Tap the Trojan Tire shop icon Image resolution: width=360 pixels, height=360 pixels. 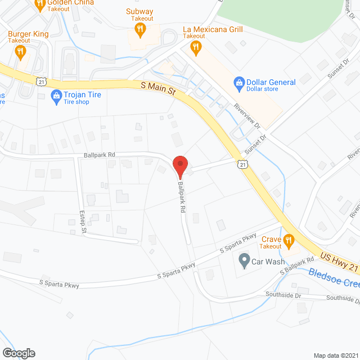point(56,96)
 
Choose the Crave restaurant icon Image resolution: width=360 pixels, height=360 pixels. point(289,241)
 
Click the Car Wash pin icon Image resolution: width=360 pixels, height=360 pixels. point(244,261)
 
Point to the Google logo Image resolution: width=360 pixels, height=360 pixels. point(19,353)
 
